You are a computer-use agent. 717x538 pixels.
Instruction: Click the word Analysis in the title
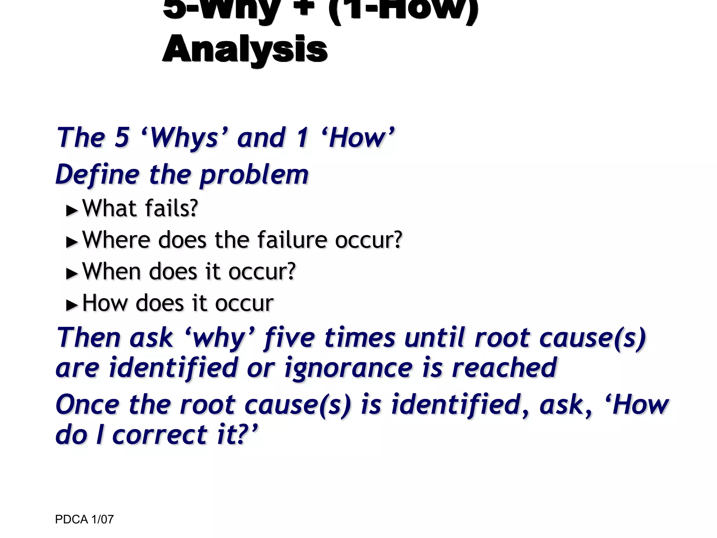[x=245, y=49]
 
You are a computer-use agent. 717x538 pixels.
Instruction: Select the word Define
[x=97, y=174]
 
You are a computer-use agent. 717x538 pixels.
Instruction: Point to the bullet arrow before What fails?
[x=72, y=211]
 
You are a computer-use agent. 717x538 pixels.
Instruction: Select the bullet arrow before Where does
[x=72, y=242]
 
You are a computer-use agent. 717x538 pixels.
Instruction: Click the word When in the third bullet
[x=111, y=272]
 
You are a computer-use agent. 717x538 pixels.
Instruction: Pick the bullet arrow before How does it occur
[x=72, y=305]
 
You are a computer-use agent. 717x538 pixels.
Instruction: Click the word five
[x=290, y=338]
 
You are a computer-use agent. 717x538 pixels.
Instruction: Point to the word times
[x=360, y=338]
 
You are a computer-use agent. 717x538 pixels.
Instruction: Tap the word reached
[x=504, y=368]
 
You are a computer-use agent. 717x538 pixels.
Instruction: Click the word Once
[x=88, y=405]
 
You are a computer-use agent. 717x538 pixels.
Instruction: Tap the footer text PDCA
[x=71, y=519]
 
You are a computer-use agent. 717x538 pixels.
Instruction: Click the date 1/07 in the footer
[x=102, y=519]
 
